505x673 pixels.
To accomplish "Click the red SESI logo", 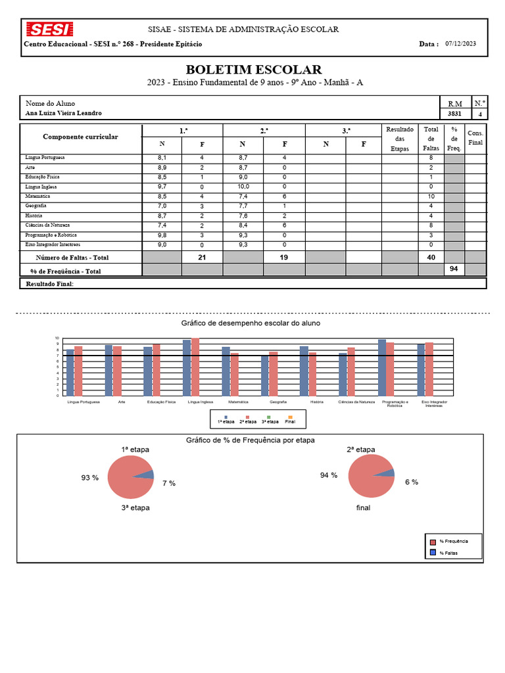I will pos(49,29).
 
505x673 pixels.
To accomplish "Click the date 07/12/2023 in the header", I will pos(460,44).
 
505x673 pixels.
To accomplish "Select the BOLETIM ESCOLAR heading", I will pos(253,70).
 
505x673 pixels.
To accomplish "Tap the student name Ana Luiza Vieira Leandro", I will pos(64,113).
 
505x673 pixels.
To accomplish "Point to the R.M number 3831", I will pos(454,114).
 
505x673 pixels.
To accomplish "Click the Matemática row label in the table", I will pos(38,197).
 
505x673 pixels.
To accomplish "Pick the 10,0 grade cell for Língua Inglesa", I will pos(243,187).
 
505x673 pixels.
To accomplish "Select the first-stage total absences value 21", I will pos(202,258).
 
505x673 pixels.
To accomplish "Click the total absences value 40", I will pos(431,258).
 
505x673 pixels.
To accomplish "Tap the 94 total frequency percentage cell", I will pos(453,269).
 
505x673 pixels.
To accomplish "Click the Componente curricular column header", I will pos(80,137).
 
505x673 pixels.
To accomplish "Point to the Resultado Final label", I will pos(49,284).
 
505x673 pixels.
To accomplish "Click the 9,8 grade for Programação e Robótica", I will pos(162,235).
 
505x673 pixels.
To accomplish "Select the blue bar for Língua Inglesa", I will pos(187,367).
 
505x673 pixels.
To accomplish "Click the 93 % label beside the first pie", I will pos(90,478).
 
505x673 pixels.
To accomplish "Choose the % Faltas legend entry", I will pos(447,553).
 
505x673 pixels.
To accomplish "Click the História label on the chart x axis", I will pos(316,402).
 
